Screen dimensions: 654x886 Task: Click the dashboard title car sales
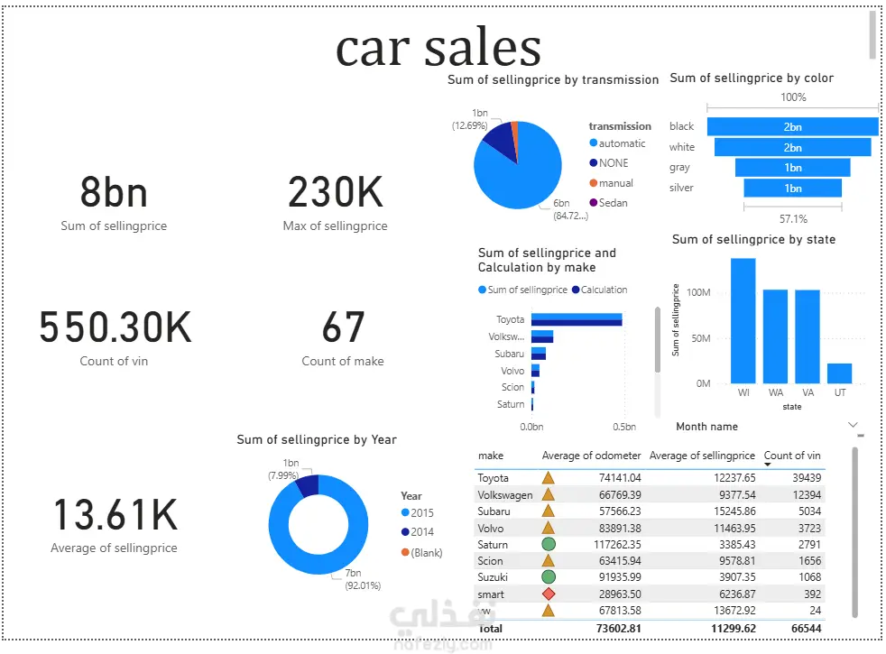coord(438,48)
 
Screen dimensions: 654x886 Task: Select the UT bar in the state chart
coord(839,373)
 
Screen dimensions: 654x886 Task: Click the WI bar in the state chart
coord(743,321)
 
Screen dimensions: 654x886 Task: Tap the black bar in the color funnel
coord(792,127)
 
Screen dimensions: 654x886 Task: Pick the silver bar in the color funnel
coord(792,188)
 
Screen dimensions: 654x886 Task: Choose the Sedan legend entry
coord(613,203)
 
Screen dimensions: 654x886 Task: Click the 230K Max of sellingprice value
coord(335,192)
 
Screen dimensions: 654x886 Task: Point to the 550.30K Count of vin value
coord(115,327)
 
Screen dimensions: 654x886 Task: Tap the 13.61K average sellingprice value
coord(115,515)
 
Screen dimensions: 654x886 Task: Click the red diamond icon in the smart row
coord(548,594)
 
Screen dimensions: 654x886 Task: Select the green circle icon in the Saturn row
coord(548,545)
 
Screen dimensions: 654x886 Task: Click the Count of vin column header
coord(792,456)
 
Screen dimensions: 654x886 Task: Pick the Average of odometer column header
coord(591,456)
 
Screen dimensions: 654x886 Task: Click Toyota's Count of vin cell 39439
coord(803,478)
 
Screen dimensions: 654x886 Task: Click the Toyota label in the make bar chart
coord(510,319)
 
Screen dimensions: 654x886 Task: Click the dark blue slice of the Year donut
coord(307,486)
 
